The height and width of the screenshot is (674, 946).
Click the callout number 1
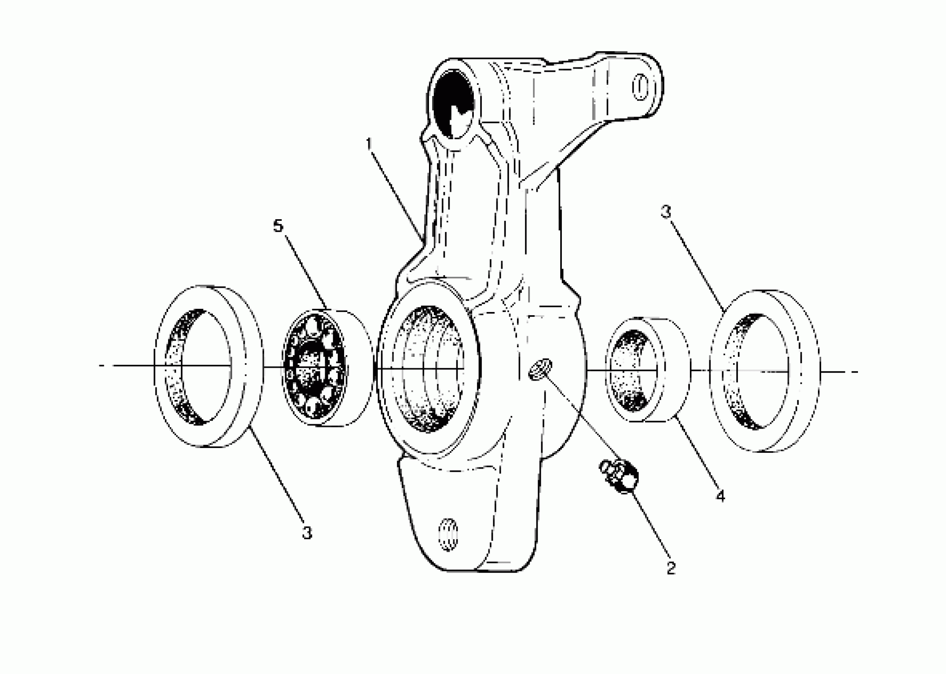point(369,144)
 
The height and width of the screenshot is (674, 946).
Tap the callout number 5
point(278,226)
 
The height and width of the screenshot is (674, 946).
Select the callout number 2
point(671,568)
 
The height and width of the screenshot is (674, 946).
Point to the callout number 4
point(720,496)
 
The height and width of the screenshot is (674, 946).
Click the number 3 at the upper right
point(666,212)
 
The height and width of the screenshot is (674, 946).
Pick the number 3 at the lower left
point(306,532)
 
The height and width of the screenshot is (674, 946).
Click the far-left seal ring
point(207,366)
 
